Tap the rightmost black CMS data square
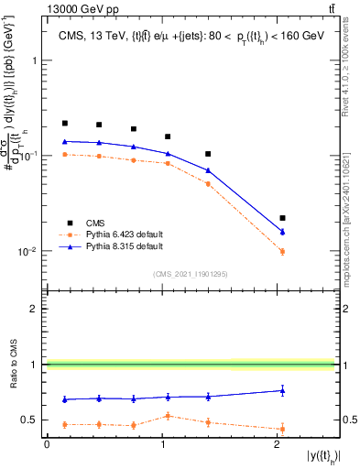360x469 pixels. [282, 218]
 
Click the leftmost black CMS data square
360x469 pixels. [65, 123]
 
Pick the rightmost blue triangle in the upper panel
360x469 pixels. [282, 232]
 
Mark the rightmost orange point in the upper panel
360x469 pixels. [282, 252]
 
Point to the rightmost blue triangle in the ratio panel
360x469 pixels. [282, 390]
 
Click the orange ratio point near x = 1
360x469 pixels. [168, 416]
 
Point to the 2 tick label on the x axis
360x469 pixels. [277, 445]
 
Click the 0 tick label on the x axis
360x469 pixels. [47, 445]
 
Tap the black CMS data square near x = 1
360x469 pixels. [168, 136]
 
